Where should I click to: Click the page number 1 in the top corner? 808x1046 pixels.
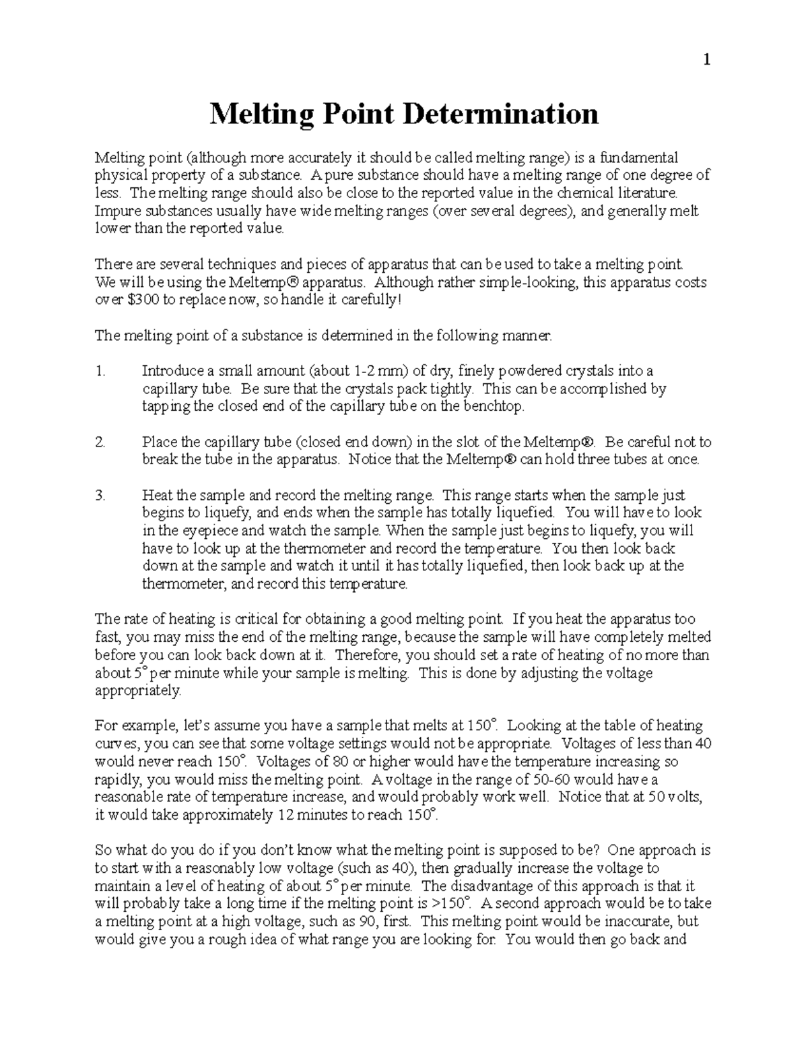(706, 60)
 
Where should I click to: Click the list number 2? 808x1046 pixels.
(100, 443)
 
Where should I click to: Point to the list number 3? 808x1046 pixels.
(100, 496)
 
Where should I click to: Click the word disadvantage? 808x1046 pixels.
(492, 886)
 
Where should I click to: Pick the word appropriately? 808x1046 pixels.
(138, 691)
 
